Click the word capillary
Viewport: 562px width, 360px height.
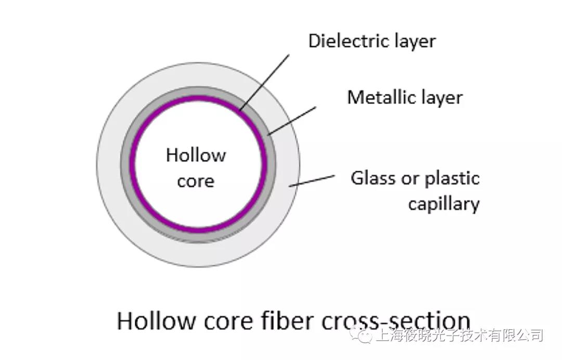click(x=443, y=203)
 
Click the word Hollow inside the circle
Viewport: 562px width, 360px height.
click(x=196, y=155)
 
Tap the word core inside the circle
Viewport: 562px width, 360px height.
click(x=196, y=181)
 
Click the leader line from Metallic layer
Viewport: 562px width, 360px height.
click(x=292, y=121)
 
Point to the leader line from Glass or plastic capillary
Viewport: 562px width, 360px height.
click(x=312, y=181)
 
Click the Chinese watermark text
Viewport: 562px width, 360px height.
click(x=458, y=336)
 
